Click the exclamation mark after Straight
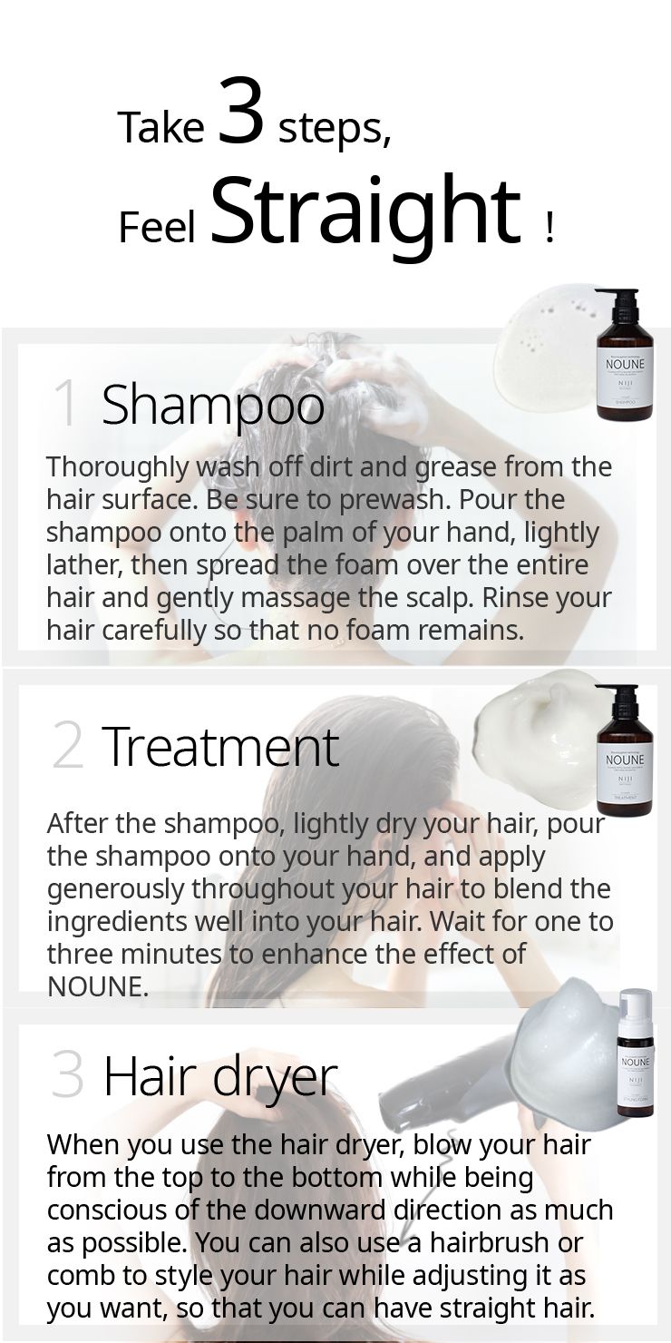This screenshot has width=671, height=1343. (549, 229)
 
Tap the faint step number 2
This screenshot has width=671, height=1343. (67, 745)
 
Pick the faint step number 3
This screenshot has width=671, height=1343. (67, 1076)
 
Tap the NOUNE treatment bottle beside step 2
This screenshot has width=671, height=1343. (624, 750)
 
